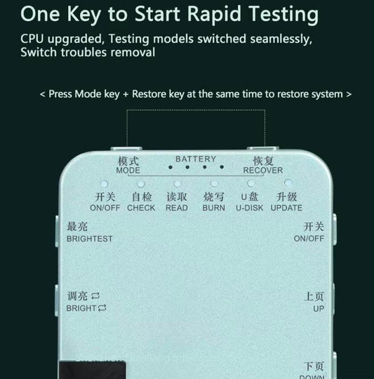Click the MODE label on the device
pyautogui.click(x=128, y=171)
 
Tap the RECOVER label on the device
pyautogui.click(x=262, y=171)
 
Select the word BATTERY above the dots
pyautogui.click(x=196, y=159)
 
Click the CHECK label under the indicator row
pyautogui.click(x=141, y=208)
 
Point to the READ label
pyautogui.click(x=176, y=208)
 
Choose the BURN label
pyautogui.click(x=213, y=208)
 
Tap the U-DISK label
pyautogui.click(x=249, y=208)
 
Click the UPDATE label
pyautogui.click(x=286, y=208)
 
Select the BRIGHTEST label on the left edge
pyautogui.click(x=89, y=239)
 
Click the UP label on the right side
pyautogui.click(x=319, y=308)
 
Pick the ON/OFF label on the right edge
pyautogui.click(x=309, y=239)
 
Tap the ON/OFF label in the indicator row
pyautogui.click(x=105, y=208)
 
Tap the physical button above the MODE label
pyautogui.click(x=123, y=149)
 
